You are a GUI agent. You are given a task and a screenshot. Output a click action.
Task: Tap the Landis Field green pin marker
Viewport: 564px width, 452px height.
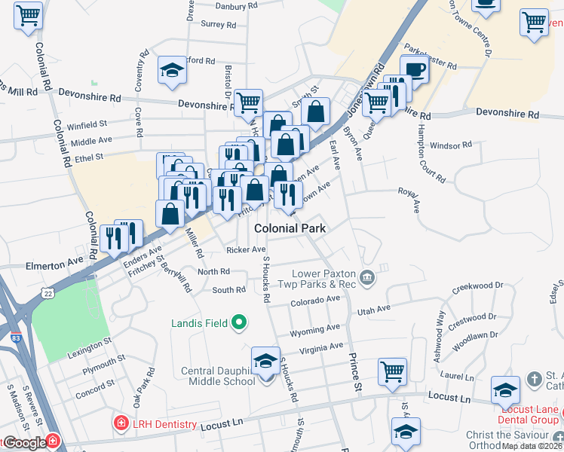click(x=240, y=324)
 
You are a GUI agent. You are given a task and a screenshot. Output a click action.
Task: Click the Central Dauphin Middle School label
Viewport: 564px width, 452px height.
click(x=218, y=376)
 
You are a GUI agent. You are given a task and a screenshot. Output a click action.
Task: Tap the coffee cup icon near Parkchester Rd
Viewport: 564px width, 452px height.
click(x=414, y=70)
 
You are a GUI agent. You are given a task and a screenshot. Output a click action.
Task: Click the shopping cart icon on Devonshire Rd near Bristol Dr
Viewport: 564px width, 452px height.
click(x=247, y=104)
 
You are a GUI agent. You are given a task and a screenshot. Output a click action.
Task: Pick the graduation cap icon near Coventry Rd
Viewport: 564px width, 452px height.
click(x=172, y=71)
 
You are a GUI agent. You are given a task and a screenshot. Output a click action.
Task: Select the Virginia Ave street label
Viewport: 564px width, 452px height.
click(x=321, y=348)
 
